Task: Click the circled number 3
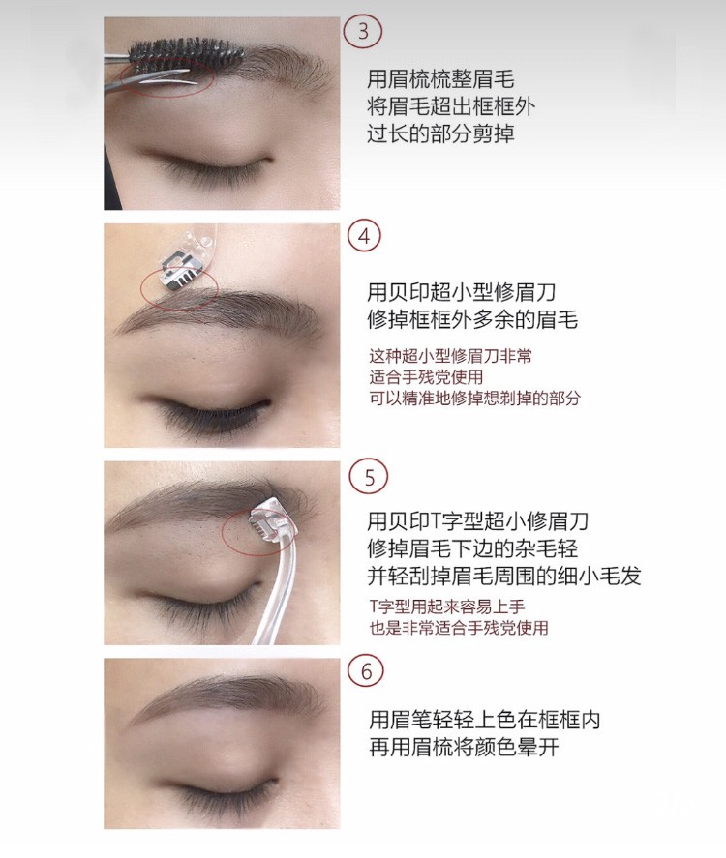(x=362, y=31)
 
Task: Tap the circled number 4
(x=364, y=238)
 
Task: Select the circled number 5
(x=369, y=477)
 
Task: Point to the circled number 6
(x=366, y=671)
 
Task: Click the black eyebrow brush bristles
(x=186, y=51)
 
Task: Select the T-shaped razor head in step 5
(x=271, y=521)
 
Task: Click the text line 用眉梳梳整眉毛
(x=440, y=79)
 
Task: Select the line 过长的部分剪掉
(x=440, y=133)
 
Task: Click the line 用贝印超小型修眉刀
(x=462, y=292)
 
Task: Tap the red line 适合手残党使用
(x=426, y=377)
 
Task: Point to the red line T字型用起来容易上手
(x=447, y=607)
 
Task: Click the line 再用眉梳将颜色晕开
(x=464, y=747)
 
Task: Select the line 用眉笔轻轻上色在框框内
(x=485, y=720)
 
